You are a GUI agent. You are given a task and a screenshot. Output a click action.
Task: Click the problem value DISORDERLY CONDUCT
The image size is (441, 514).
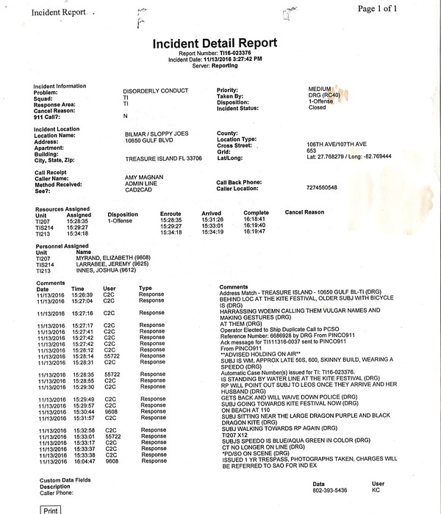[x=156, y=90]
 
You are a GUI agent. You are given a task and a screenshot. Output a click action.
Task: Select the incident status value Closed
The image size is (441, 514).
[x=318, y=107]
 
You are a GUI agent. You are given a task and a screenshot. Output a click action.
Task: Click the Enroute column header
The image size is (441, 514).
[x=171, y=213]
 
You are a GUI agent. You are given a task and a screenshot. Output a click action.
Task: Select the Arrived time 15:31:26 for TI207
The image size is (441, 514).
[x=212, y=220]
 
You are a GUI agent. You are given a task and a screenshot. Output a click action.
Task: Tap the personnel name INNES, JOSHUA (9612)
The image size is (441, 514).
[x=107, y=271]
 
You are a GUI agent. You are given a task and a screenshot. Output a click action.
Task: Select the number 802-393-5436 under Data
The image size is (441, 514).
[x=330, y=491]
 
